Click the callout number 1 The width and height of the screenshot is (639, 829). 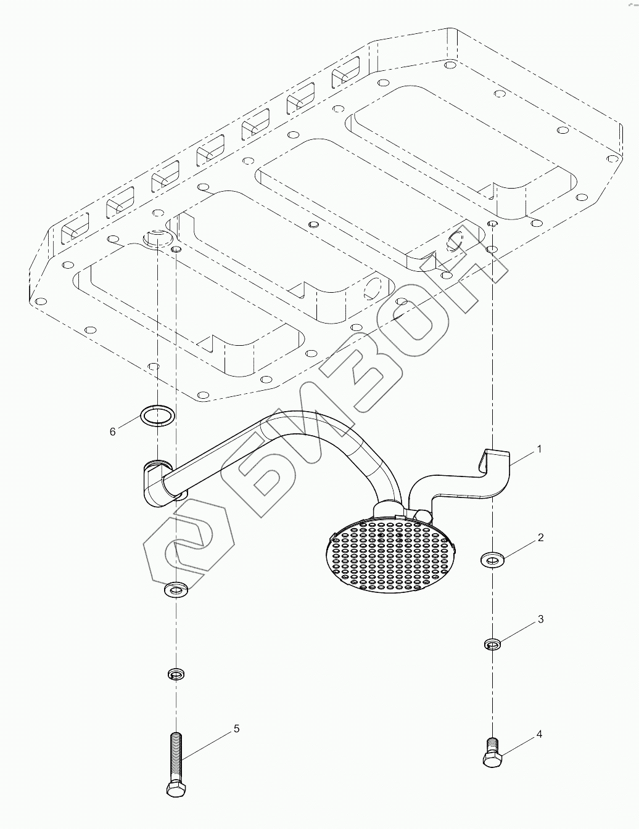tap(540, 449)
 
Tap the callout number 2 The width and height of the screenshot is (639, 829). tap(540, 538)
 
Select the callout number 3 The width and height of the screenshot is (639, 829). tap(540, 619)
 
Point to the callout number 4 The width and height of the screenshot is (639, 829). tap(539, 734)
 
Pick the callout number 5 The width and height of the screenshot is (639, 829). tap(236, 729)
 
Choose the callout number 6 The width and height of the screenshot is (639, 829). tap(112, 432)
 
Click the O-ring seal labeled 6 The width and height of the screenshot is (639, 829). tap(157, 415)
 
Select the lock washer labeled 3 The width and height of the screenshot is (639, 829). tap(492, 645)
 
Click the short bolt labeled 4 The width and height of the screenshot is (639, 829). tap(492, 753)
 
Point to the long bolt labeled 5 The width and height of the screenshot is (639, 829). tap(175, 764)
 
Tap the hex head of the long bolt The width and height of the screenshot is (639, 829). tap(175, 789)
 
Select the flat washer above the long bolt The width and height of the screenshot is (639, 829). tap(176, 590)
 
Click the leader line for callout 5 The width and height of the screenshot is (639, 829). tap(207, 747)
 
